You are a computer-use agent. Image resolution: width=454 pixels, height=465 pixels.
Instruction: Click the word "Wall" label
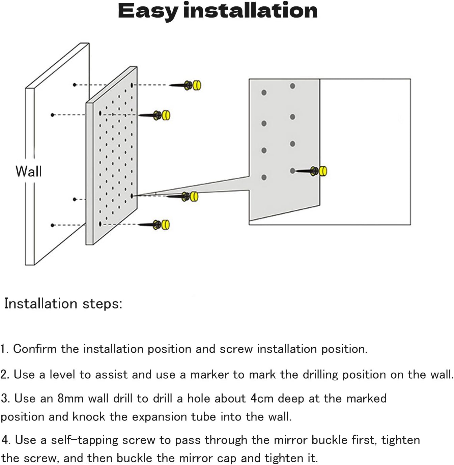click(29, 171)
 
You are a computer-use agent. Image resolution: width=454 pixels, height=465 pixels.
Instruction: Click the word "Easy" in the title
click(147, 11)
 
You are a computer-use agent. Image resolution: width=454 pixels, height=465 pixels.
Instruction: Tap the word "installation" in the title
click(250, 10)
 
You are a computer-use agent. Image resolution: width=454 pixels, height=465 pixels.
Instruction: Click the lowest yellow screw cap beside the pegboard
click(165, 225)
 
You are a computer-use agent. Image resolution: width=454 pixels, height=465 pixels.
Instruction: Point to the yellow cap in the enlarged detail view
click(323, 171)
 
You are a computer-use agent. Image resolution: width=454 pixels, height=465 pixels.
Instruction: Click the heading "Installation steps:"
click(63, 303)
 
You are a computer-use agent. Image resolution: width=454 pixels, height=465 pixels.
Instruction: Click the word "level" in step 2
click(62, 374)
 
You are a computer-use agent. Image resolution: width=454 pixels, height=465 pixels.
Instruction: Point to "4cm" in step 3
click(262, 398)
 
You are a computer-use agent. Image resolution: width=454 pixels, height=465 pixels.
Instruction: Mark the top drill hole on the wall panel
click(75, 85)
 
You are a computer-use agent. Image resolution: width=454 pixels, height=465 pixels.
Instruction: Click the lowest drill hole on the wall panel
click(52, 225)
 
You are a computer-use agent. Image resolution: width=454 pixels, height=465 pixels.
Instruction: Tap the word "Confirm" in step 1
click(35, 349)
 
